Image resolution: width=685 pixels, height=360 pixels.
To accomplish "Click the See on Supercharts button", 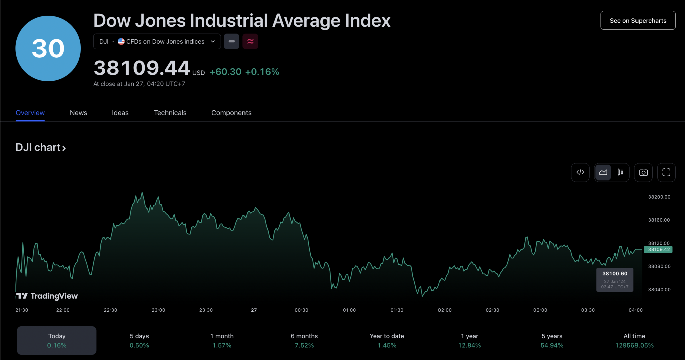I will (x=638, y=21).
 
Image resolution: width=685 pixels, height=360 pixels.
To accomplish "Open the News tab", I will (x=78, y=113).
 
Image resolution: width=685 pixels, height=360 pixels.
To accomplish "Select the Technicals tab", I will (x=170, y=113).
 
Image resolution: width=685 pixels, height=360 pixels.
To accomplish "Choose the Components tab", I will (x=231, y=113).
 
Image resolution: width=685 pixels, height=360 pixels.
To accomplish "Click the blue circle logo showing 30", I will (x=48, y=48).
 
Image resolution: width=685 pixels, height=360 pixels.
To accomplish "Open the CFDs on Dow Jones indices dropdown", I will (x=157, y=41).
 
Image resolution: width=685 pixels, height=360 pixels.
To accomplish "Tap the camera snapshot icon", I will (x=643, y=172).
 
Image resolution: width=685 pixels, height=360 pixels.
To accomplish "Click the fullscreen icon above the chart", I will (x=666, y=172).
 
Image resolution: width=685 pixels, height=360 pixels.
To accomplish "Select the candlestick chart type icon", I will (x=620, y=172).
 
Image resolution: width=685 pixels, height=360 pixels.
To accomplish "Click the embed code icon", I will (x=580, y=172).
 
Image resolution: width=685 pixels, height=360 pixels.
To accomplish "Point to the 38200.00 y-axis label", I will (x=659, y=197).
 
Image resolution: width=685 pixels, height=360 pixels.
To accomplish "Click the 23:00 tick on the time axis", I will (x=158, y=310).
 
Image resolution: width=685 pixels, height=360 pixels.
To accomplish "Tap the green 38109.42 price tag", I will (x=658, y=249).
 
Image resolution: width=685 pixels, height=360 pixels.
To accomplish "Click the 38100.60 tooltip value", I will (x=615, y=274).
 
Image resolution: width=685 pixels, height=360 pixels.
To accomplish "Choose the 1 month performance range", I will (x=222, y=340).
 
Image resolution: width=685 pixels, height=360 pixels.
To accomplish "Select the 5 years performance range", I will (x=552, y=340).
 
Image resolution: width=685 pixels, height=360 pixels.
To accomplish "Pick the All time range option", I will (x=634, y=340).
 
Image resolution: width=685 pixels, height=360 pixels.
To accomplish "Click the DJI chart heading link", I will (x=40, y=147).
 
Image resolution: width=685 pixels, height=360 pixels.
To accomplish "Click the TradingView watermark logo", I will (x=47, y=296).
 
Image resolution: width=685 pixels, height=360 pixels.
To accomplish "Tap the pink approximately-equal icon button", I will (x=250, y=41).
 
